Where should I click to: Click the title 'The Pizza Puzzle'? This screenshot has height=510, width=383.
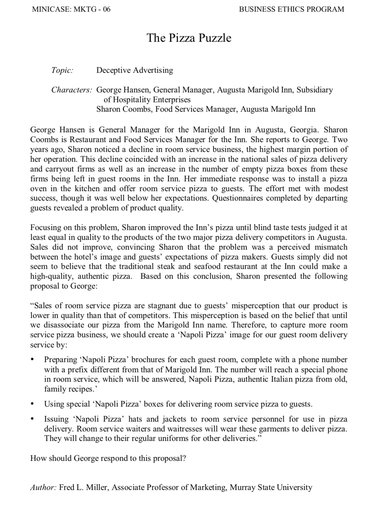tap(189, 38)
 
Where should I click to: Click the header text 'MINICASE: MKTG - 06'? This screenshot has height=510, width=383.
tap(71, 9)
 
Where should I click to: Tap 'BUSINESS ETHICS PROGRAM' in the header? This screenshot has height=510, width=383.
tap(291, 9)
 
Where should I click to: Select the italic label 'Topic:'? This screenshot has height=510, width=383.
tap(62, 70)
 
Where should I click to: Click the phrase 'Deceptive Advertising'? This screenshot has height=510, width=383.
tap(135, 70)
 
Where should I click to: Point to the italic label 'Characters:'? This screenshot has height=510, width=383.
tap(72, 90)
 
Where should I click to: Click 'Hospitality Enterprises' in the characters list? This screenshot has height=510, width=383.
tap(147, 99)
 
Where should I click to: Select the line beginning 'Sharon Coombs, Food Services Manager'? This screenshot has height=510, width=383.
tap(206, 109)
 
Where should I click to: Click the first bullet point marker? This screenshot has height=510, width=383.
tap(32, 360)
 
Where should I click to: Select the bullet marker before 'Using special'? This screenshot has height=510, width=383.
tap(32, 404)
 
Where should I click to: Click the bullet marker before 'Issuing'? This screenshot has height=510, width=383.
tap(32, 419)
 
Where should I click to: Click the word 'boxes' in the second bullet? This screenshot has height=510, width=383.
tap(154, 404)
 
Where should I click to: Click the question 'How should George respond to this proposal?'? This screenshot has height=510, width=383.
tap(108, 458)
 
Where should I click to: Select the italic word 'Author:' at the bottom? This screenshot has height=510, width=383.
tap(43, 488)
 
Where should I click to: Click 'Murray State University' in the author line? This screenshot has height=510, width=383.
tap(271, 488)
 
